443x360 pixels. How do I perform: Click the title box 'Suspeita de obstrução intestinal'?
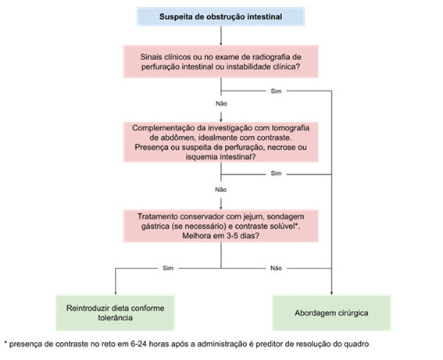(x=220, y=16)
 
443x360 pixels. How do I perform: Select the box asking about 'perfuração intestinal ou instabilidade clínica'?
(x=220, y=62)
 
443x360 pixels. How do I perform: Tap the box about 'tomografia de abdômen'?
(x=220, y=142)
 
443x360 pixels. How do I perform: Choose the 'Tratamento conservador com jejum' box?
(x=220, y=226)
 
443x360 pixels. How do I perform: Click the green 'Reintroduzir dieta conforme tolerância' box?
(x=116, y=313)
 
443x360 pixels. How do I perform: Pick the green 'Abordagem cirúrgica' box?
(x=331, y=313)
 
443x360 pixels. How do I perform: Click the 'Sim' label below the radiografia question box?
(x=276, y=91)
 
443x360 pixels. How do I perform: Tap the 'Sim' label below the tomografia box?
(x=276, y=173)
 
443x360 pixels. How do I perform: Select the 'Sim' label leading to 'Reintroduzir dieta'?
(x=168, y=268)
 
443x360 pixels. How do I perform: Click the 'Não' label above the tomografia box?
(x=221, y=104)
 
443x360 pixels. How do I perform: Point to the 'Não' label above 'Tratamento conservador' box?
(x=220, y=190)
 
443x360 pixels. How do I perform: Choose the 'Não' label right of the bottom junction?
(x=276, y=268)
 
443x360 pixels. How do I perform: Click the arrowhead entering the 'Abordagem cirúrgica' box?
(x=331, y=293)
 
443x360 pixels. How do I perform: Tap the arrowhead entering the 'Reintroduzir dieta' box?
(x=116, y=293)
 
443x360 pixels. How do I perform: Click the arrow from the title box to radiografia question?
(x=220, y=36)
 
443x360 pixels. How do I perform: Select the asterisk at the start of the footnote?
(x=5, y=343)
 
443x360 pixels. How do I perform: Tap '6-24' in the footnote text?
(x=138, y=344)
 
